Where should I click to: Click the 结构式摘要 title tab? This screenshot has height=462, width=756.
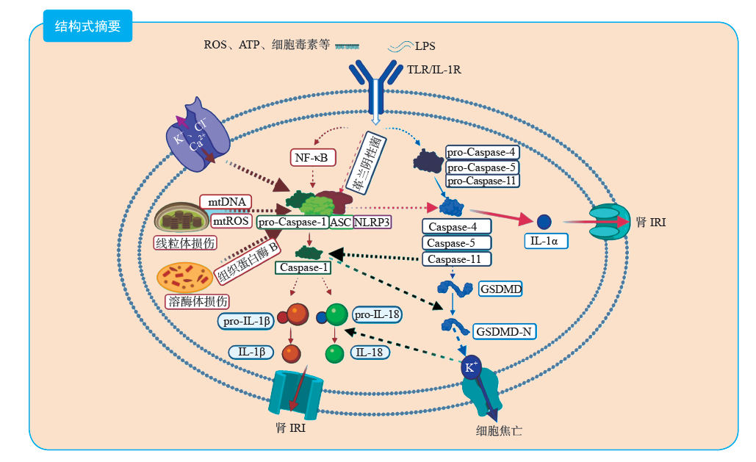[x=87, y=26]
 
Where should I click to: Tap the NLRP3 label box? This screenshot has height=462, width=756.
[x=372, y=222]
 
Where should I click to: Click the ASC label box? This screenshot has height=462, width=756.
[x=341, y=222]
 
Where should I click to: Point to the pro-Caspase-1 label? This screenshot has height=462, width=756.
[x=293, y=222]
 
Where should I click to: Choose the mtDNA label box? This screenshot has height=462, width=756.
[x=226, y=202]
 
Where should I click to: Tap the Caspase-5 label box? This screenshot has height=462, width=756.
[x=456, y=242]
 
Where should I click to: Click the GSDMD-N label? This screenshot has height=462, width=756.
[x=503, y=331]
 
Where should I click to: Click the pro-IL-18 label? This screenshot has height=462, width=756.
[x=377, y=314]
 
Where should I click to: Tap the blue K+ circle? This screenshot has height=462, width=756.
[x=470, y=367]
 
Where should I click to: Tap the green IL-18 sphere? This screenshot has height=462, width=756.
[x=335, y=354]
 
